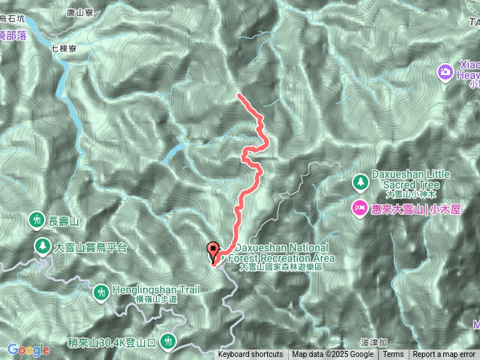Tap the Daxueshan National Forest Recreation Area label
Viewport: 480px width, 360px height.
[282, 253]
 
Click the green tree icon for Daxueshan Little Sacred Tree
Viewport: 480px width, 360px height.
[361, 181]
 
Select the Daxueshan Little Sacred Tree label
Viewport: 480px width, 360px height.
[410, 180]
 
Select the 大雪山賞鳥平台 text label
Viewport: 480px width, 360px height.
[91, 247]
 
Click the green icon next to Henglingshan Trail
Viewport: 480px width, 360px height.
[102, 292]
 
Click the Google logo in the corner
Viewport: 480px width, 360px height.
[28, 349]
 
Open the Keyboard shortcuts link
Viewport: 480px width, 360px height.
[250, 355]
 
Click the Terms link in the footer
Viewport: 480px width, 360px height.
[393, 355]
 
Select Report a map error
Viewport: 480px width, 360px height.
[445, 355]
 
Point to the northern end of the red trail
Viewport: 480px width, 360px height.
[238, 94]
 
